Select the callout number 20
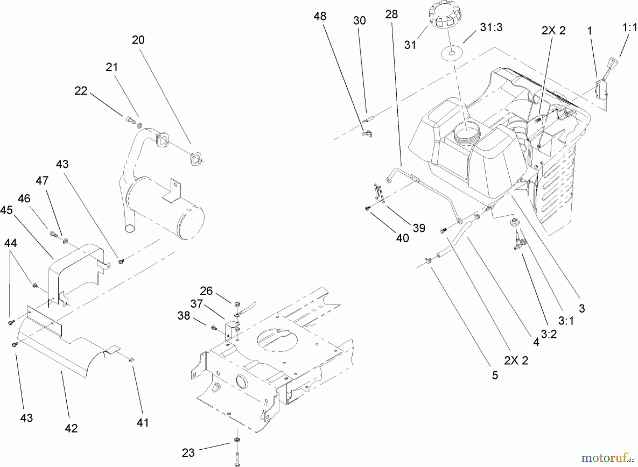(138, 40)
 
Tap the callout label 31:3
(491, 28)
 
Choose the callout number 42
(71, 428)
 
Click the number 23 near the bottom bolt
(188, 452)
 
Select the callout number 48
(320, 16)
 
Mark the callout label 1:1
(629, 28)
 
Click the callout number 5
(495, 375)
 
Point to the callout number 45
(6, 210)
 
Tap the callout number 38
(184, 315)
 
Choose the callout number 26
(206, 291)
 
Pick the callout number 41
(143, 422)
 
